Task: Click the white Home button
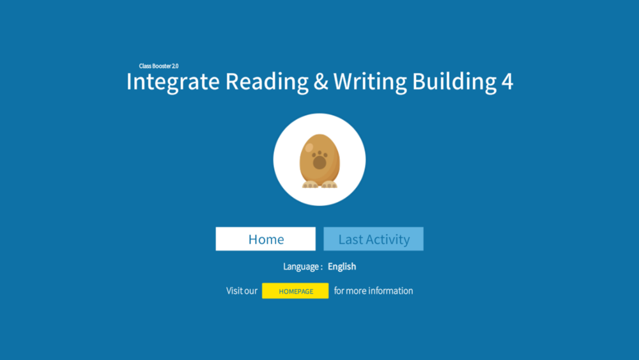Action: click(x=265, y=239)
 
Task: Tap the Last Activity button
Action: click(x=373, y=239)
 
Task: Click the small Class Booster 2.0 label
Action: click(x=158, y=66)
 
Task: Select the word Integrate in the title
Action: click(x=173, y=82)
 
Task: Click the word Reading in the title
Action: click(x=267, y=82)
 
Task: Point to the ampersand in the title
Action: click(x=321, y=81)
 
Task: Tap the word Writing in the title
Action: click(x=370, y=82)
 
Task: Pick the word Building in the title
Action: click(x=454, y=82)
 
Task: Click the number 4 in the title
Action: click(x=507, y=82)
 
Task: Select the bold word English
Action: click(x=342, y=267)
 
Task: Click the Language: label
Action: click(x=303, y=267)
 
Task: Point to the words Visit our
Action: click(x=242, y=291)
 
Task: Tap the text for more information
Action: click(x=373, y=291)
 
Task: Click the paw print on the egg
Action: click(x=319, y=160)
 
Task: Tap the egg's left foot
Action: click(x=310, y=184)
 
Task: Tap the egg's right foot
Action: click(x=329, y=184)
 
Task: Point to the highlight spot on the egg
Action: click(x=309, y=147)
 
